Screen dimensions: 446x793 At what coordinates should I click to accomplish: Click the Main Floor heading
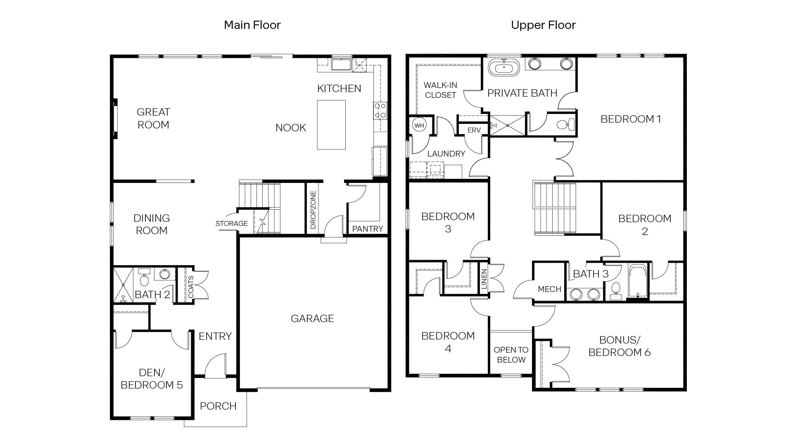click(x=252, y=25)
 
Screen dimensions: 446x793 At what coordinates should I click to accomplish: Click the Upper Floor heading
click(x=543, y=25)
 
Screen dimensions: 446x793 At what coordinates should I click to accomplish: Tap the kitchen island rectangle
click(x=331, y=124)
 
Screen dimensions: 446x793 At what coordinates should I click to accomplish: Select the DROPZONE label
click(x=313, y=209)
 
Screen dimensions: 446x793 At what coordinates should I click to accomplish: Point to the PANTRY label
click(x=367, y=229)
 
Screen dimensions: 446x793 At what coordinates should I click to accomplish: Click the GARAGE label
click(x=312, y=318)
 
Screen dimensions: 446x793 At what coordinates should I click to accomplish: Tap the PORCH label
click(x=218, y=406)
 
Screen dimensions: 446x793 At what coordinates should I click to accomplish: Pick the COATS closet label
click(x=191, y=287)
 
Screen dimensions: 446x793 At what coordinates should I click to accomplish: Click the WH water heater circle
click(x=419, y=126)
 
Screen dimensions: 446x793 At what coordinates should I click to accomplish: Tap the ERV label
click(x=474, y=130)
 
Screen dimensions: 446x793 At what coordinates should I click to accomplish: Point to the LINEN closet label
click(x=484, y=279)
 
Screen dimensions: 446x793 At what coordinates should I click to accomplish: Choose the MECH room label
click(x=549, y=289)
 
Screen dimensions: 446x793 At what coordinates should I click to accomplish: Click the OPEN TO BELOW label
click(x=511, y=355)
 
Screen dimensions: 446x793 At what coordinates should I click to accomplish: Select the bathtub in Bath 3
click(x=638, y=281)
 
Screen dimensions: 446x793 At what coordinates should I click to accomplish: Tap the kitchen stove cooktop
click(x=380, y=111)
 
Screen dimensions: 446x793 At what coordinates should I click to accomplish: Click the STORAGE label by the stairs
click(x=231, y=223)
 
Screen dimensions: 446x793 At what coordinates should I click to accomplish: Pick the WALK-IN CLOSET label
click(x=440, y=90)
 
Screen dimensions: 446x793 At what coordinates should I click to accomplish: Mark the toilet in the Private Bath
click(x=565, y=124)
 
